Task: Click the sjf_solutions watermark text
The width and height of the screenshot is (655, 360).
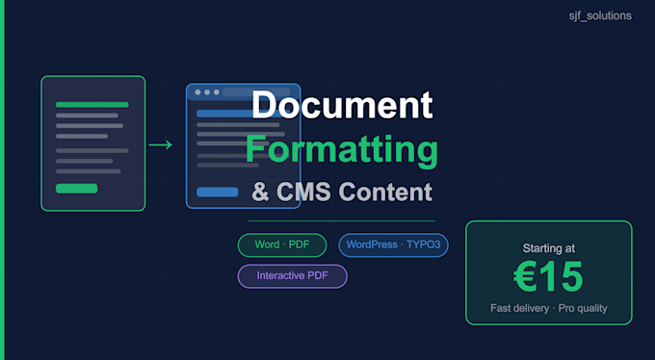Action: coord(600,16)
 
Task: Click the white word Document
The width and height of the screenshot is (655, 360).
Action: coord(342,105)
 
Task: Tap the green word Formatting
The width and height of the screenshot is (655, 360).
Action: coord(342,150)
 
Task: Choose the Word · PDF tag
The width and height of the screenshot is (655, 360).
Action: coord(282,244)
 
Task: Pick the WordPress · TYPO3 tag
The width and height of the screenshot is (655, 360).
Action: coord(393,244)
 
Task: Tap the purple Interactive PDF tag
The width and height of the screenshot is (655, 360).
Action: coord(293,276)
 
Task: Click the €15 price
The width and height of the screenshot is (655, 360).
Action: coord(548,276)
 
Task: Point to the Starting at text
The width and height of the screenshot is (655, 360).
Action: coord(549,248)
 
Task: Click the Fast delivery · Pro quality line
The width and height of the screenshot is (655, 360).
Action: coord(549,308)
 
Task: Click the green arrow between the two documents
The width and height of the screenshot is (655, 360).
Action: coord(161,145)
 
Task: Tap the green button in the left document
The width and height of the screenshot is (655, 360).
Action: coord(76,189)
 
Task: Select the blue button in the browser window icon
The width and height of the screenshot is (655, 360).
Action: coord(218,193)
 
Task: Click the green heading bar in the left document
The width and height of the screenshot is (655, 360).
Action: coord(92,105)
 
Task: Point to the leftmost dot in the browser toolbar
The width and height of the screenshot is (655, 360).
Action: coord(197,92)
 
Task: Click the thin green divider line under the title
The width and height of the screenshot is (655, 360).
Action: coord(342,221)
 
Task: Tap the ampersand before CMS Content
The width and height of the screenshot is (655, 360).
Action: coord(261,193)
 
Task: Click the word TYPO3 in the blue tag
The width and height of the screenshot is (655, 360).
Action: coord(423,244)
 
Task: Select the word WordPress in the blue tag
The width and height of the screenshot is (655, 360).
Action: coord(372,244)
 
